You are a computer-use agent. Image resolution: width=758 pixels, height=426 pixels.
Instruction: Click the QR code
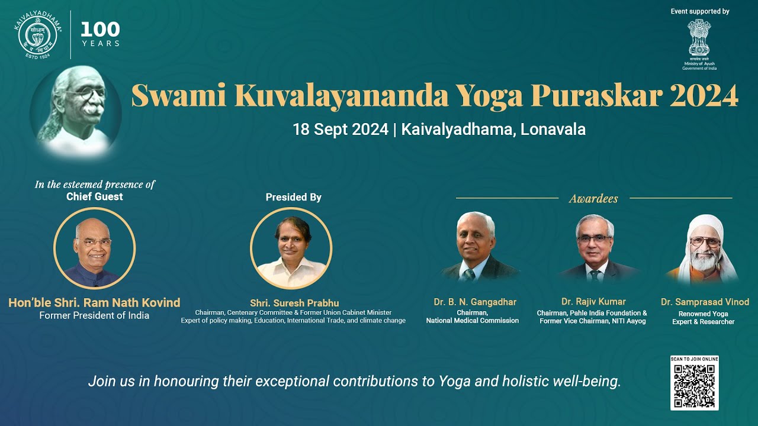694,386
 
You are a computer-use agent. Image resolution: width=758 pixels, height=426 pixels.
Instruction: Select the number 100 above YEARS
100,29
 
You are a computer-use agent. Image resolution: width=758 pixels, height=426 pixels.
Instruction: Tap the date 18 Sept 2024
340,130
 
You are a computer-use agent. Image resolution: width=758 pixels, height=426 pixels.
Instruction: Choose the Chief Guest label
95,197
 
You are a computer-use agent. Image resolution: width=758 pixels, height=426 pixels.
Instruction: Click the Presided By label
293,198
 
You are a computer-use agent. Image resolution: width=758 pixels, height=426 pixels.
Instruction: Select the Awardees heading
593,199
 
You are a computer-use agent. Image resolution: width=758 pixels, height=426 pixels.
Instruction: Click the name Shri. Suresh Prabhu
294,304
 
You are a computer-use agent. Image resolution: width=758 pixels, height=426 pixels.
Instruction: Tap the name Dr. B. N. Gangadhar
475,302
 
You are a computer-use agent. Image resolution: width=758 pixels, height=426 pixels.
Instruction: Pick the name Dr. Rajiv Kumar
593,302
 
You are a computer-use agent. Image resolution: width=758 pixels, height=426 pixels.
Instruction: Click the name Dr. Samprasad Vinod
705,302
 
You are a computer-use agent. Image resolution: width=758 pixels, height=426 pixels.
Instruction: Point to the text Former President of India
94,316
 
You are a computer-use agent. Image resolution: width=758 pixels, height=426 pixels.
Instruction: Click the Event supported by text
699,11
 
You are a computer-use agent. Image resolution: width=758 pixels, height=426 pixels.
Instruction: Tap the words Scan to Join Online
694,359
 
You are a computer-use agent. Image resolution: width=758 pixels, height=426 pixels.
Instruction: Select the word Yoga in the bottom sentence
454,381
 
